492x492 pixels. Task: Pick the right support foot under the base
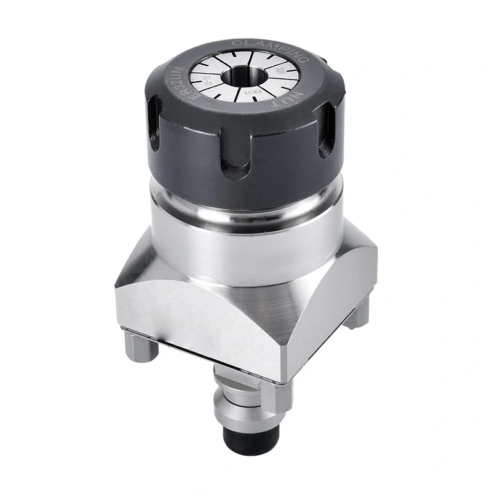pos(357,314)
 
